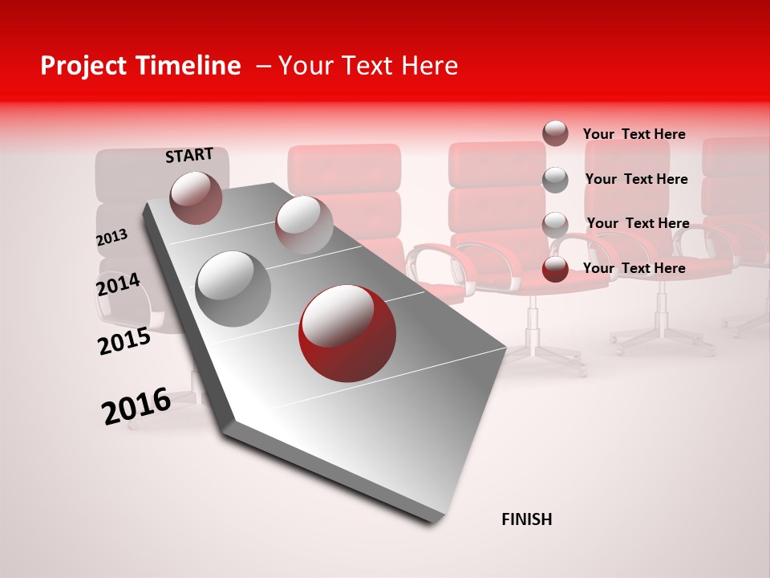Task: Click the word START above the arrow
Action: click(189, 155)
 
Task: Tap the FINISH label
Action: click(526, 519)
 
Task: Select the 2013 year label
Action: click(112, 238)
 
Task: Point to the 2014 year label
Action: click(118, 284)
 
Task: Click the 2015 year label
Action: click(124, 341)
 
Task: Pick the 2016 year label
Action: click(136, 405)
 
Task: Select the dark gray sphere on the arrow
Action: click(233, 289)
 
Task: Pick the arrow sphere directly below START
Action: click(196, 197)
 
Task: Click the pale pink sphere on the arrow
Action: click(303, 225)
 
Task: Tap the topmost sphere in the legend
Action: click(555, 134)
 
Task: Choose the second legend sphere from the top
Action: click(555, 180)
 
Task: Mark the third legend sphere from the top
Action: click(555, 225)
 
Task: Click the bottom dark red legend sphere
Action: click(555, 269)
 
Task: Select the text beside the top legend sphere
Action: click(634, 134)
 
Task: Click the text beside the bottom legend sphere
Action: click(634, 268)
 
